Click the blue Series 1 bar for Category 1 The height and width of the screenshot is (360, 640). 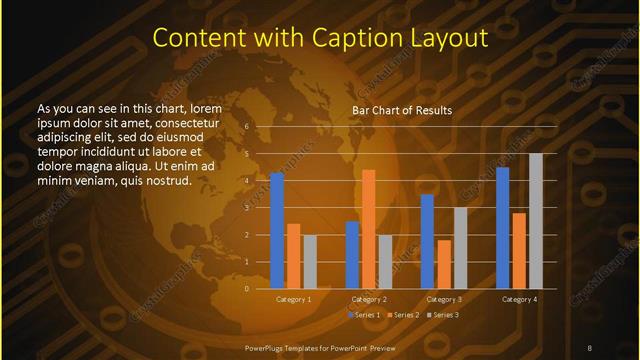pyautogui.click(x=277, y=231)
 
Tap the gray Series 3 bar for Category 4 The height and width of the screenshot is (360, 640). pyautogui.click(x=535, y=221)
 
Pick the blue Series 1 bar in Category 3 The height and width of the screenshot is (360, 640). pyautogui.click(x=427, y=241)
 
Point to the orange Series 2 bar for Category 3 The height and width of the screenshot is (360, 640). pyautogui.click(x=444, y=264)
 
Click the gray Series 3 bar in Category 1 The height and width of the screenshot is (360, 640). pyautogui.click(x=309, y=262)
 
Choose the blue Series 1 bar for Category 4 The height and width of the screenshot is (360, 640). pyautogui.click(x=503, y=228)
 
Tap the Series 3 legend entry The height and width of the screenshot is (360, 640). pyautogui.click(x=443, y=315)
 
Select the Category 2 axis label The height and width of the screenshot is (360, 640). pyautogui.click(x=368, y=300)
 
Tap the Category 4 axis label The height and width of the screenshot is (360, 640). pyautogui.click(x=519, y=300)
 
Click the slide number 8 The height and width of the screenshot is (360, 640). pyautogui.click(x=589, y=347)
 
